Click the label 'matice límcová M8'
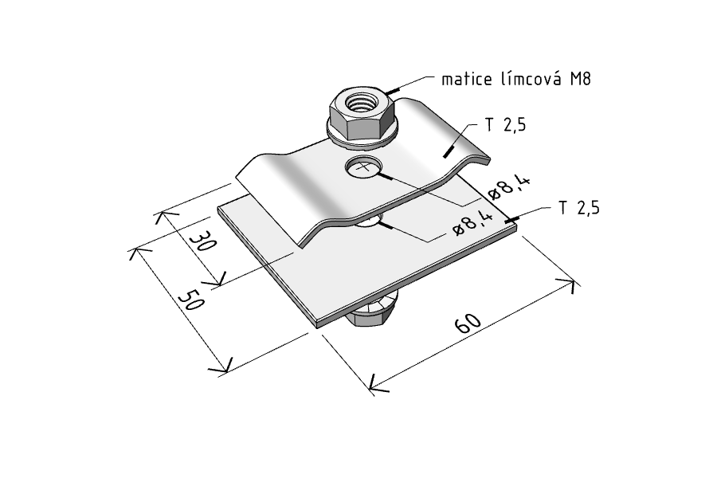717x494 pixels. (516, 79)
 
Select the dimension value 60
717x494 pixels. (468, 323)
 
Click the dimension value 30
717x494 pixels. (202, 241)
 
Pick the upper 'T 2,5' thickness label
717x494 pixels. (505, 124)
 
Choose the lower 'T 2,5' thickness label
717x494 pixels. (578, 208)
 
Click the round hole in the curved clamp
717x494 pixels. (363, 167)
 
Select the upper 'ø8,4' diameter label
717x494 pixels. (509, 188)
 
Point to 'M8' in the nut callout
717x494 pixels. (581, 79)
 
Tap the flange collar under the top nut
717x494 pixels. (363, 135)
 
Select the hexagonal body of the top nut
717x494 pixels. (362, 115)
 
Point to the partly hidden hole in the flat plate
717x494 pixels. (367, 222)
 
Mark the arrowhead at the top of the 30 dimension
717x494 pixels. (160, 217)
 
